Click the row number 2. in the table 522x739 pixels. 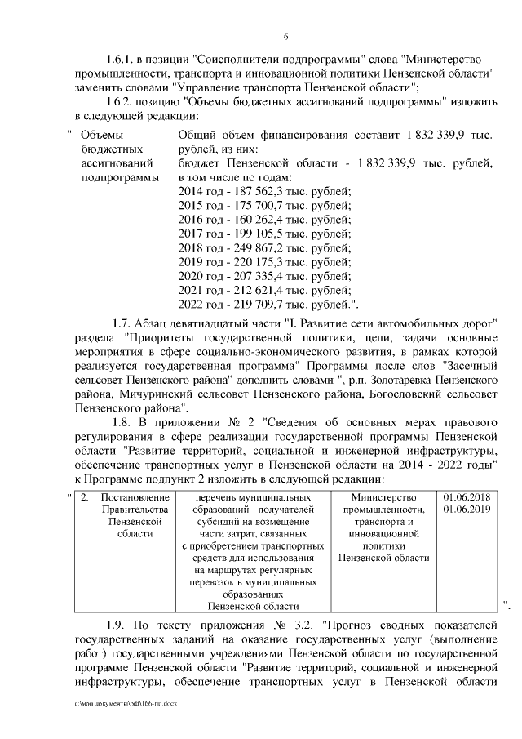[85, 497]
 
